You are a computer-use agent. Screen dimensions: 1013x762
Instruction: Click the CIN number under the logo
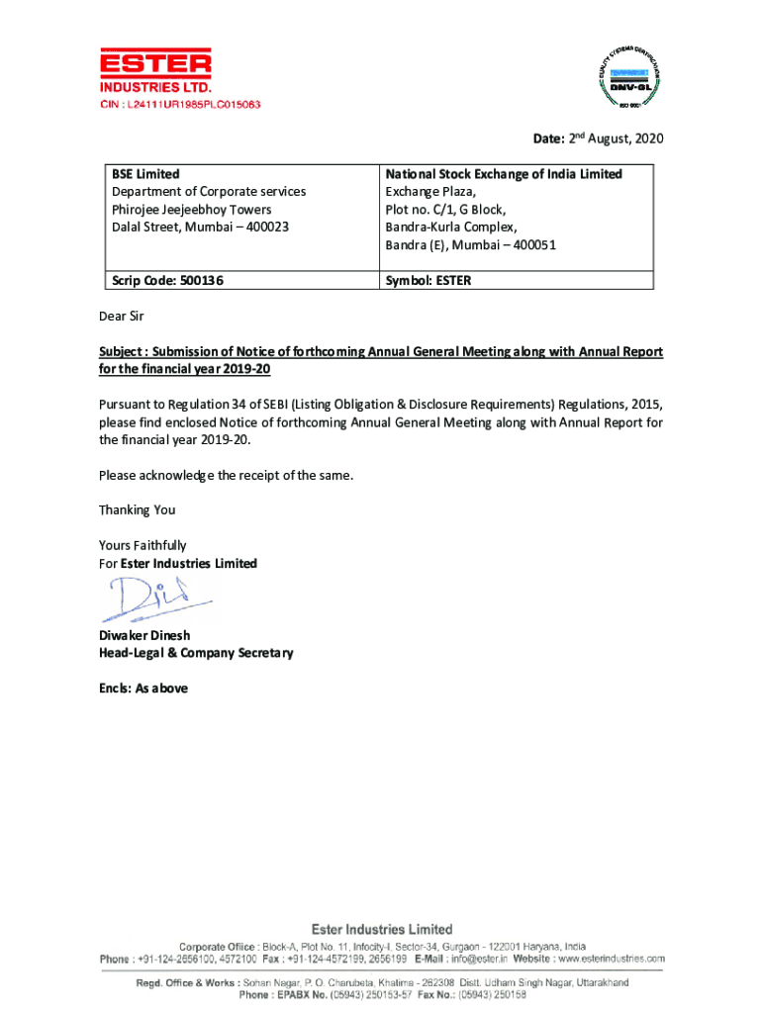click(179, 104)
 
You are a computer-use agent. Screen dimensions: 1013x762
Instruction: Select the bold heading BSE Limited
click(145, 174)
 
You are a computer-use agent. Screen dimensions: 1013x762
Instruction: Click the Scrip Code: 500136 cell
click(167, 280)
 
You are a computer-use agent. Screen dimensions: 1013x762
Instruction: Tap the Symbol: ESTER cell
click(429, 280)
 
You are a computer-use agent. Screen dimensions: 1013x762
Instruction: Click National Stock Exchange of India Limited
click(504, 174)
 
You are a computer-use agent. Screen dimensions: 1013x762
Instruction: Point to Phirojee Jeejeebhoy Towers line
click(191, 210)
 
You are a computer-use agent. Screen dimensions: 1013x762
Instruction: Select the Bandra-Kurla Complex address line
click(450, 228)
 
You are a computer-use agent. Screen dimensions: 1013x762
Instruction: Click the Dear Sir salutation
click(122, 318)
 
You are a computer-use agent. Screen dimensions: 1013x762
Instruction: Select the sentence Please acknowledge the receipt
click(226, 476)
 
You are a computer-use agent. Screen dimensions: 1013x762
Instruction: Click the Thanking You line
click(137, 510)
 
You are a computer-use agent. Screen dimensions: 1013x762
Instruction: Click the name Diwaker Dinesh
click(144, 635)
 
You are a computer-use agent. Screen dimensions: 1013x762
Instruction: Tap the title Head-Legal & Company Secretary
click(196, 653)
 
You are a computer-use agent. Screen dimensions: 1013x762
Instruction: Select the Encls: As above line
click(143, 689)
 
